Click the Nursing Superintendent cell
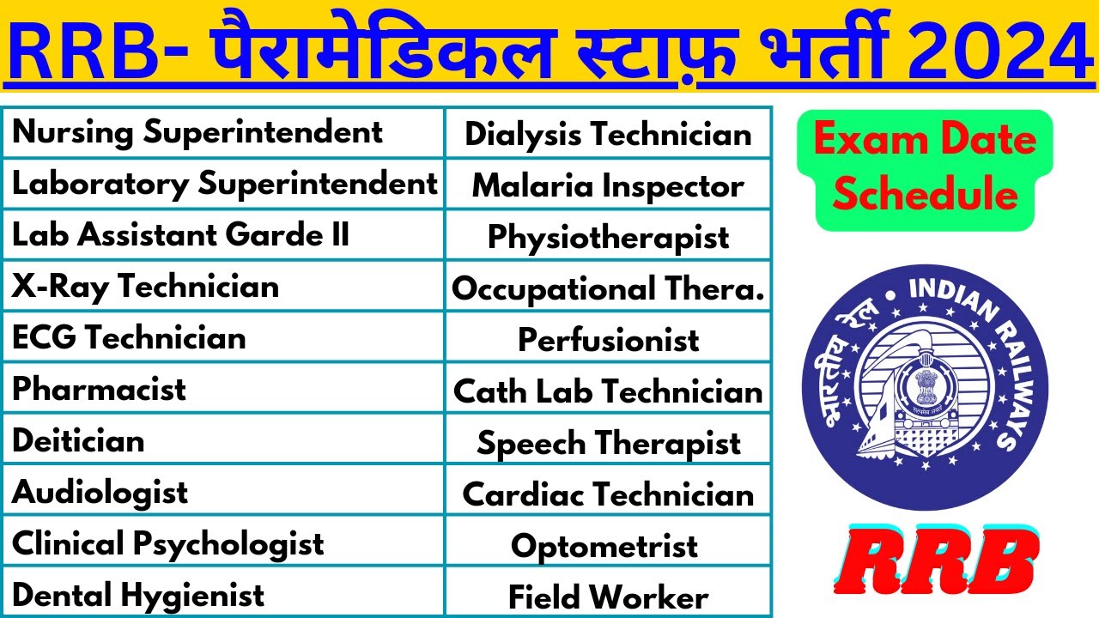(197, 132)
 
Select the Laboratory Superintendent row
(224, 184)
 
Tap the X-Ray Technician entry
(145, 287)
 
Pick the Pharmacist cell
(99, 390)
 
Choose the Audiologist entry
(100, 493)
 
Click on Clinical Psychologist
(167, 544)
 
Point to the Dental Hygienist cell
(138, 595)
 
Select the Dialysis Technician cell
(608, 135)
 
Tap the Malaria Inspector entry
(608, 186)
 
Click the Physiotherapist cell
(608, 238)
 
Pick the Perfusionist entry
(608, 341)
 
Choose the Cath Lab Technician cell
(608, 392)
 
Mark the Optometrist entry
(604, 547)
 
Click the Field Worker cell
(608, 597)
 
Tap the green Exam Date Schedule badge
(924, 168)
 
